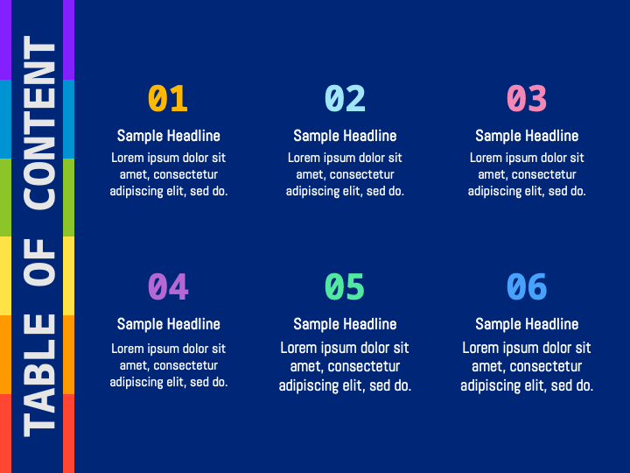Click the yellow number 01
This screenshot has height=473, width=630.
tap(168, 98)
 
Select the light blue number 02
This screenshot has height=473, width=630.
tap(345, 98)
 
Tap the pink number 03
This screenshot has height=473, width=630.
tap(527, 98)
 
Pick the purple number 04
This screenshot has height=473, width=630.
tap(168, 286)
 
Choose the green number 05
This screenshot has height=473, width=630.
tap(345, 286)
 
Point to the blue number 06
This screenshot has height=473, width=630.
tap(527, 286)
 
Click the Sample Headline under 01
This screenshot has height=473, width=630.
tap(169, 136)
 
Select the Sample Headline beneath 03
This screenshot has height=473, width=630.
tap(527, 136)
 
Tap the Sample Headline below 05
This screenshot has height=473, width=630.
tap(345, 324)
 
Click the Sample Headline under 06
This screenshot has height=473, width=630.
tap(527, 324)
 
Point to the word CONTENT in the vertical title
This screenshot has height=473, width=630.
tap(39, 123)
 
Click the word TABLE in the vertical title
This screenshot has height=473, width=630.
tap(39, 375)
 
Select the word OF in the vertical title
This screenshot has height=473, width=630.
tap(39, 262)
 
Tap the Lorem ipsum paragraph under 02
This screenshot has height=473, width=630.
tap(345, 174)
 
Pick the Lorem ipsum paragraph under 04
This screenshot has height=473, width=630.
tap(169, 365)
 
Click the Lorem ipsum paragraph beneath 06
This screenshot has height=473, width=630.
tap(527, 366)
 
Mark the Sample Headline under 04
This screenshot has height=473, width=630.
tap(169, 324)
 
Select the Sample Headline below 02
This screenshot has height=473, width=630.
tap(345, 136)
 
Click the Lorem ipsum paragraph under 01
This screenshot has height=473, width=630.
tap(169, 174)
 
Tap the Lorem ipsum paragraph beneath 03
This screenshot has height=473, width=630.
tap(527, 174)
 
